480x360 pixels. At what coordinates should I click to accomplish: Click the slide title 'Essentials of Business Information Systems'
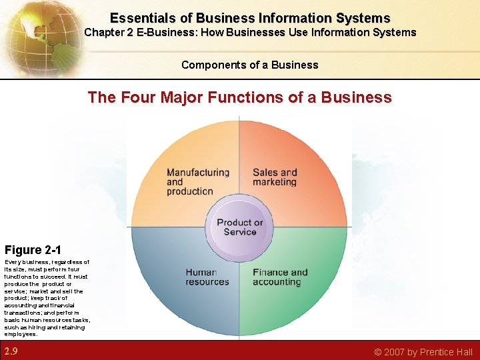(250, 18)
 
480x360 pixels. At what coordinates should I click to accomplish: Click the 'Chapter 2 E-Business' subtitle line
(250, 32)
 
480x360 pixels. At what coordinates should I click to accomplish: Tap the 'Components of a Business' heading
(250, 65)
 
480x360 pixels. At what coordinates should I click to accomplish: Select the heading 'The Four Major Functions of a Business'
(240, 97)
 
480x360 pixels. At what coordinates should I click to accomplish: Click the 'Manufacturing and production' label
(197, 181)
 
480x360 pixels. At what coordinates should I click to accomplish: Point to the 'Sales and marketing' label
(275, 177)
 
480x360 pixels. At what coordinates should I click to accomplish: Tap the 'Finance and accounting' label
(280, 277)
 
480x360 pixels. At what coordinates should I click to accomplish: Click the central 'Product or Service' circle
(240, 227)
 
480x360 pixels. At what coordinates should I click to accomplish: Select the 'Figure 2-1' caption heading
(33, 250)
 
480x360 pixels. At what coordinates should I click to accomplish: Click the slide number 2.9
(11, 351)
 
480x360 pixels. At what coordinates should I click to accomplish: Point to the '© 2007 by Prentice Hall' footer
(423, 352)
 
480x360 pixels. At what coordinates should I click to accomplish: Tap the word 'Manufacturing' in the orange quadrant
(197, 172)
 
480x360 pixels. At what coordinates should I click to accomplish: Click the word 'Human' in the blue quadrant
(201, 272)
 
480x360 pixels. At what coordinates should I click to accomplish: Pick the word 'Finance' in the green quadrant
(271, 272)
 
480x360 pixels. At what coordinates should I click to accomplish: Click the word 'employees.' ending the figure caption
(21, 334)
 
